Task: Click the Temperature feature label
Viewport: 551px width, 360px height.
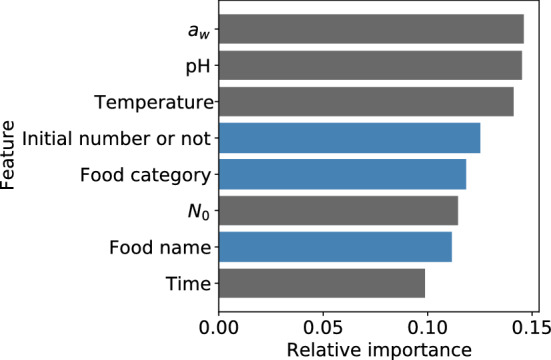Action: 153,102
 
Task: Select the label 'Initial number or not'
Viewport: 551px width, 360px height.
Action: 116,138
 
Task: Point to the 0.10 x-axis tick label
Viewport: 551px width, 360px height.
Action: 427,325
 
